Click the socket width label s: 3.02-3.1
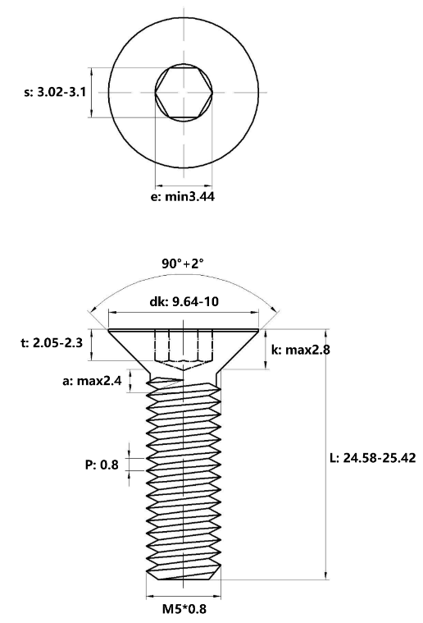[55, 93]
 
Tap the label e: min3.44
[183, 196]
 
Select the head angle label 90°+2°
[183, 263]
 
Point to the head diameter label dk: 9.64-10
[184, 301]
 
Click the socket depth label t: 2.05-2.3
[52, 342]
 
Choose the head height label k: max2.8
[301, 350]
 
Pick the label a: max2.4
[92, 381]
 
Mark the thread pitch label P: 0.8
[102, 465]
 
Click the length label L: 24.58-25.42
[373, 458]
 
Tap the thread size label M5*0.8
[184, 609]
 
